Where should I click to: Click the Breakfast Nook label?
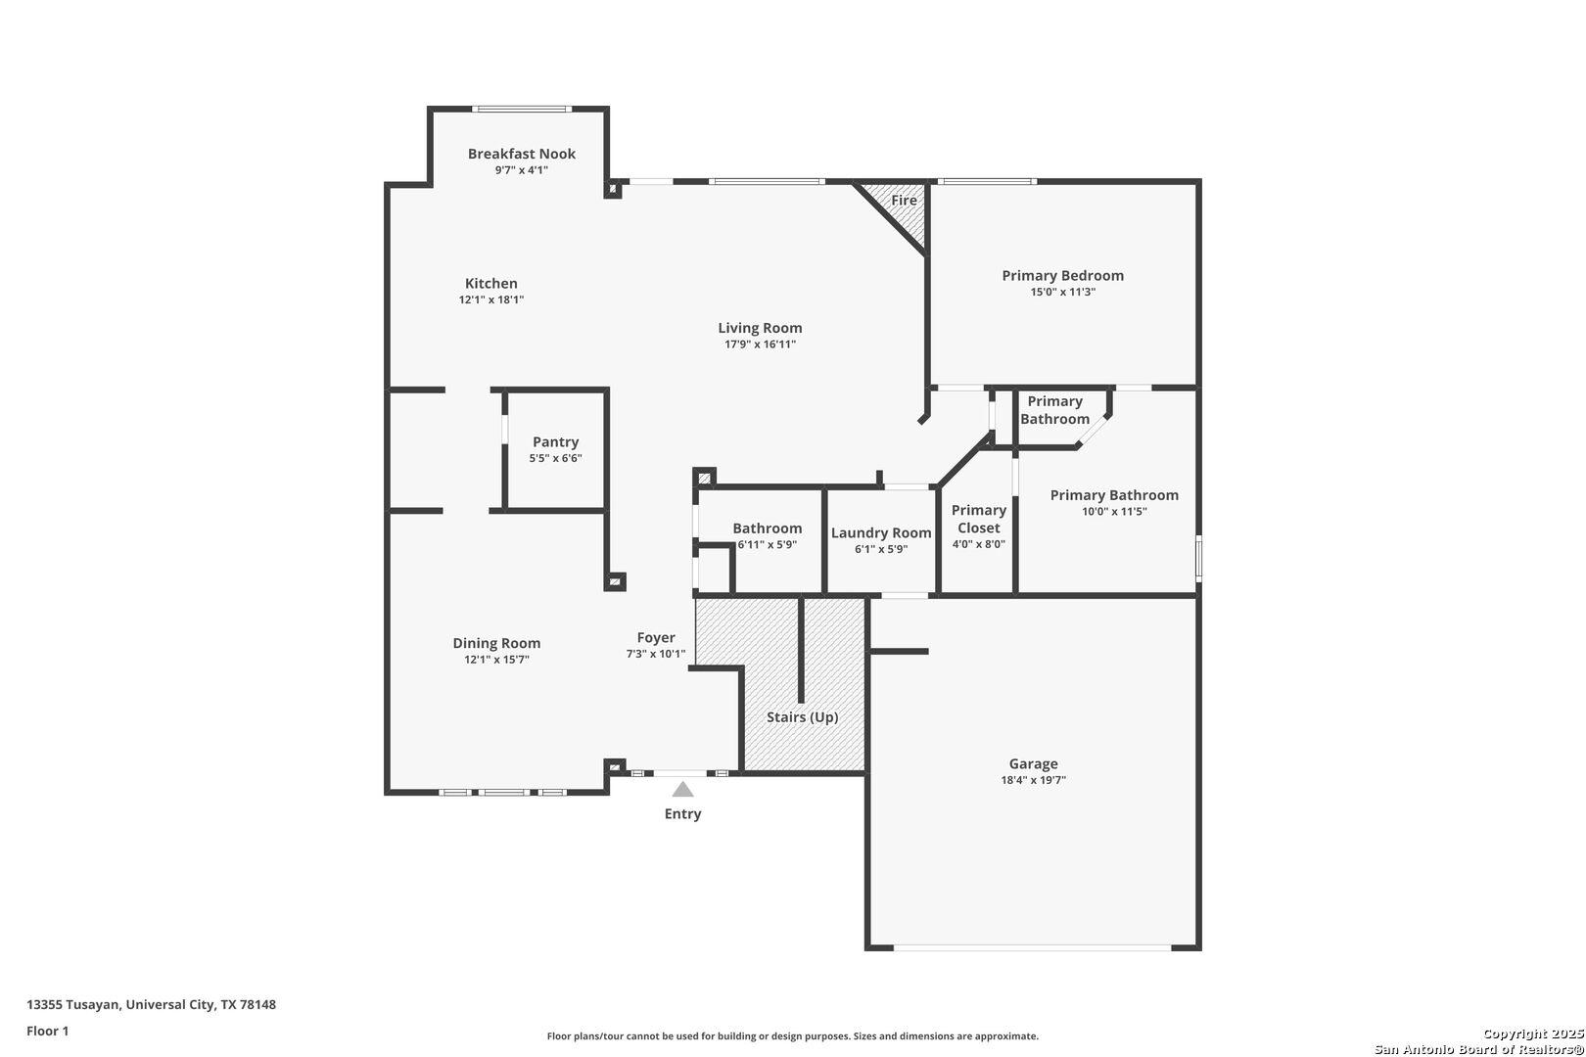(521, 154)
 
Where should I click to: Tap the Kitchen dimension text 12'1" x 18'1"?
(491, 299)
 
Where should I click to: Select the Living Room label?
(760, 329)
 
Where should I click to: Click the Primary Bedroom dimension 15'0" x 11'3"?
(1063, 292)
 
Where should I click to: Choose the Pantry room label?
(556, 442)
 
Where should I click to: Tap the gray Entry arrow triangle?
(682, 790)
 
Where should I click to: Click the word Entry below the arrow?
(682, 814)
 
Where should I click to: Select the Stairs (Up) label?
(802, 717)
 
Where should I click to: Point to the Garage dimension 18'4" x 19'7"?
(1033, 780)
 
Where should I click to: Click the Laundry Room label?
(881, 533)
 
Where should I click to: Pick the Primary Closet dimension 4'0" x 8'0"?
(978, 544)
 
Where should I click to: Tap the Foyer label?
(656, 638)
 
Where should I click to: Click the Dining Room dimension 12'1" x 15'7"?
(496, 660)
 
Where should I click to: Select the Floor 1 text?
(47, 1031)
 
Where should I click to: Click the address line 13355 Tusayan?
(152, 1004)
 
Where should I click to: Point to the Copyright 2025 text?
(1532, 1034)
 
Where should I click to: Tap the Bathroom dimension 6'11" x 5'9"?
(767, 545)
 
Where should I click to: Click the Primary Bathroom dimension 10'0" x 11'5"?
(1114, 512)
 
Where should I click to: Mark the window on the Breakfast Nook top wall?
(522, 109)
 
